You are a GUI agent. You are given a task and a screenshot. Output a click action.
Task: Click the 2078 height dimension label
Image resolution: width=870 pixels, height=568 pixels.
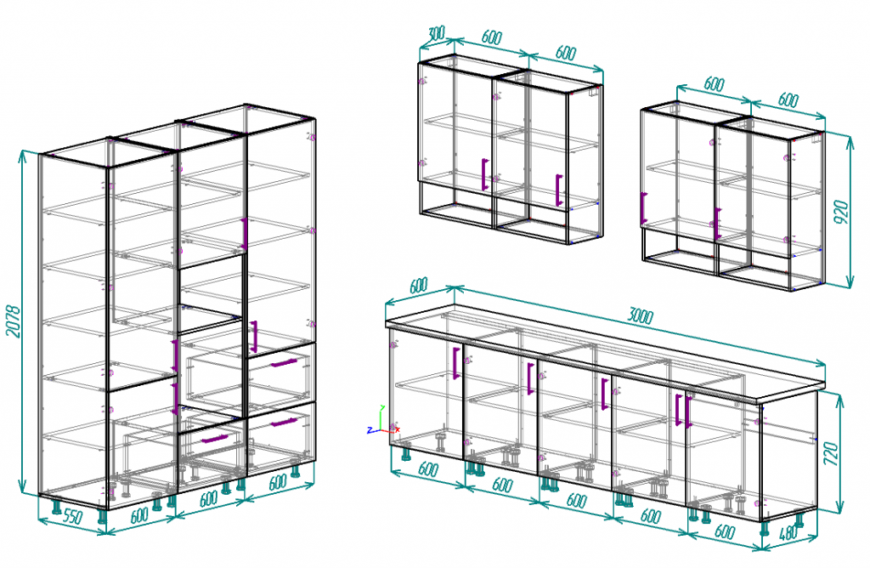pyautogui.click(x=14, y=321)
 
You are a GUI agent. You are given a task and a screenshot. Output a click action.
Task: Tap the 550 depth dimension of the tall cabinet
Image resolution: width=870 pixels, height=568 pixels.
pyautogui.click(x=73, y=517)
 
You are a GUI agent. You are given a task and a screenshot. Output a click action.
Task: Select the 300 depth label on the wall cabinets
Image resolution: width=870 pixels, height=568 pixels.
pyautogui.click(x=437, y=33)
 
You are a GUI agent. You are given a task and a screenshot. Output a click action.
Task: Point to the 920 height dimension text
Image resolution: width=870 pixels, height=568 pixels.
pyautogui.click(x=842, y=212)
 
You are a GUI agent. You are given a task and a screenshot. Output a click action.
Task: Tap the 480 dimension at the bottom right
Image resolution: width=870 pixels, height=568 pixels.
pyautogui.click(x=788, y=533)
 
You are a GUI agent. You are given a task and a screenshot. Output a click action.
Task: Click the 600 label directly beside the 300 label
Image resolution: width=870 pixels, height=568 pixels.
pyautogui.click(x=492, y=37)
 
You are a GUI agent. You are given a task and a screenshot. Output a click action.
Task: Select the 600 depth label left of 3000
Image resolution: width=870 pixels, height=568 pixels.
pyautogui.click(x=419, y=286)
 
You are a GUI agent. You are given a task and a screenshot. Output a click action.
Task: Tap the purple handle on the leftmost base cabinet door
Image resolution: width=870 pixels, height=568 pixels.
pyautogui.click(x=455, y=363)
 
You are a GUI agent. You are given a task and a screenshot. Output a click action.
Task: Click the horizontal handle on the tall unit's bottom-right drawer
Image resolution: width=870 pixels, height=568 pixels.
pyautogui.click(x=284, y=423)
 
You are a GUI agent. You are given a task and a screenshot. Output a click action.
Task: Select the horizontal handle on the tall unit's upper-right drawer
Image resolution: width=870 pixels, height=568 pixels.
pyautogui.click(x=284, y=363)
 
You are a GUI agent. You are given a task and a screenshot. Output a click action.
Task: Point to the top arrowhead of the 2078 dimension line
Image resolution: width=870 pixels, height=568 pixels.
pyautogui.click(x=22, y=154)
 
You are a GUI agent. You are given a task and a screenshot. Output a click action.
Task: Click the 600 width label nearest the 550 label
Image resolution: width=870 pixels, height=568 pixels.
pyautogui.click(x=139, y=514)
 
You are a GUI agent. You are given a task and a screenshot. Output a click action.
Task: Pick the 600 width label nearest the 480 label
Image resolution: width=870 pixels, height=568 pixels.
pyautogui.click(x=725, y=531)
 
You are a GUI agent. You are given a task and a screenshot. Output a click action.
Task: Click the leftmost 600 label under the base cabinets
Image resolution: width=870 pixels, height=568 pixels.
pyautogui.click(x=428, y=469)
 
